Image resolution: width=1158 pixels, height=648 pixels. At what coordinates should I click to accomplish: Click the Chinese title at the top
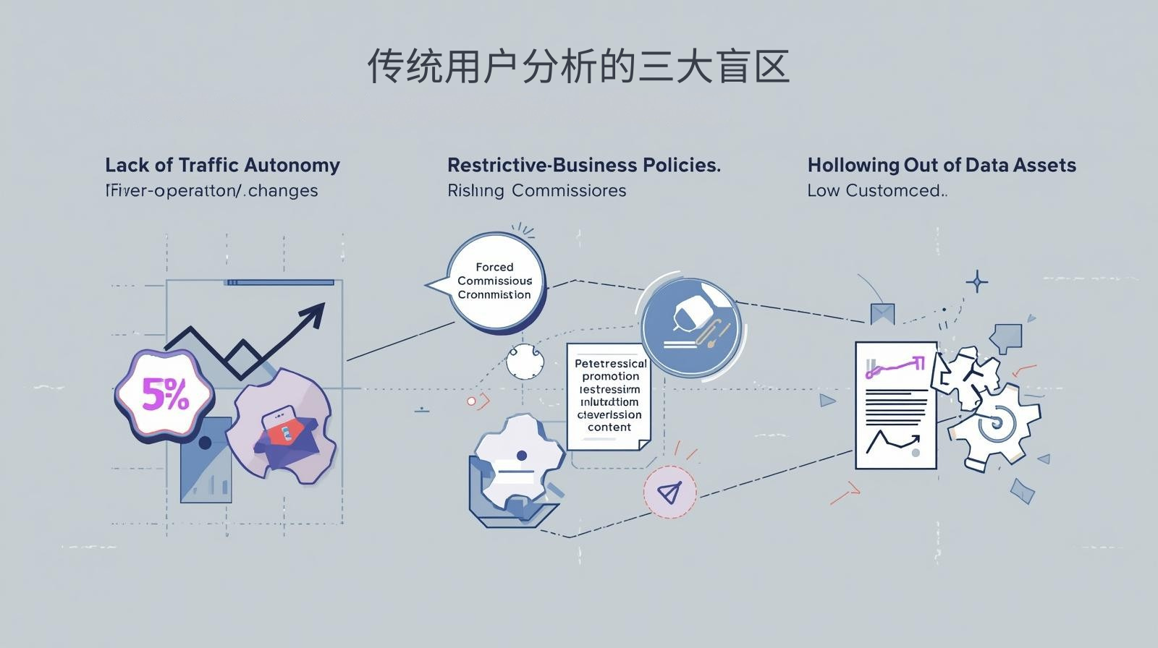coord(578,67)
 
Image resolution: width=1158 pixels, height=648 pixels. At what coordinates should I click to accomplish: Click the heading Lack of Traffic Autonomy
coord(222,165)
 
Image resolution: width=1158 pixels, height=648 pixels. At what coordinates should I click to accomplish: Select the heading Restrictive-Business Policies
coord(583,165)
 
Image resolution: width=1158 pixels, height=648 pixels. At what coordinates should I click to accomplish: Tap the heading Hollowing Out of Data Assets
coord(941,165)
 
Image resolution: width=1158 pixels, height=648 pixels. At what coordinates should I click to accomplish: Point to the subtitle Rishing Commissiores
coord(536,191)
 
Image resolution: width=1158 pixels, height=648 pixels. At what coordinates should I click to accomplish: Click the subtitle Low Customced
coord(876,191)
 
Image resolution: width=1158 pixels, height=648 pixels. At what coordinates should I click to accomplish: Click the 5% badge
coord(165,395)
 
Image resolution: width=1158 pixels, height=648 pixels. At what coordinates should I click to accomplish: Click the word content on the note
coord(609,427)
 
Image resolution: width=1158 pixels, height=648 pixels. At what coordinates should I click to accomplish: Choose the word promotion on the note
coord(610,376)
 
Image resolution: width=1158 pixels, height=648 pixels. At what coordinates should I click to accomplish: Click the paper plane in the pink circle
coord(669,492)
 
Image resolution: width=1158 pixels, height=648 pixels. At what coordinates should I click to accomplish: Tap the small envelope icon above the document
coord(882,313)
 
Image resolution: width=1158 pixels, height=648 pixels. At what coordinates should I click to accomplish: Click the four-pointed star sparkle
coord(977,281)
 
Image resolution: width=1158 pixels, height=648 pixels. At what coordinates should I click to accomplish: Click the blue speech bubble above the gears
coord(1007,337)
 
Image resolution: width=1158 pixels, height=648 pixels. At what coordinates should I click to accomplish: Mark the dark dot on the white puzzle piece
coord(522,456)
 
